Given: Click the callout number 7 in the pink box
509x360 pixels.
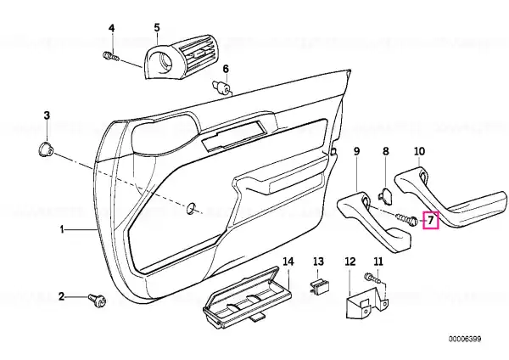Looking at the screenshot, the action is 430,220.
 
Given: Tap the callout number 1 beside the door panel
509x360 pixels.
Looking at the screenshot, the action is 62,230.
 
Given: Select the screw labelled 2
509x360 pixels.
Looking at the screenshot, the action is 98,300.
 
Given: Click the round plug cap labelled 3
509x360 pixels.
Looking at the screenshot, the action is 45,149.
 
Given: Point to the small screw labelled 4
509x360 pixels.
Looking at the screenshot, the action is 111,57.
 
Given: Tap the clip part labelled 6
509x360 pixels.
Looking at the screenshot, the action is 221,87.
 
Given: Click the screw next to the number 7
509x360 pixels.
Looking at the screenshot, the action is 406,220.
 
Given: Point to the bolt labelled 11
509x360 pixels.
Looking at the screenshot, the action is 372,278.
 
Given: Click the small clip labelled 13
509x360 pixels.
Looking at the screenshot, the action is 320,285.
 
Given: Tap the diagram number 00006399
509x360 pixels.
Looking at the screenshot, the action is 465,340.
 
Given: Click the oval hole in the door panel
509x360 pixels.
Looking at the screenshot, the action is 191,209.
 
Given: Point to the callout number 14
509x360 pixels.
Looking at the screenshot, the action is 288,262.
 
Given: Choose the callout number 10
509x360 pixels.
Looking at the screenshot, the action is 419,151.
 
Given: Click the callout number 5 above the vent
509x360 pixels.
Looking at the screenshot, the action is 157,28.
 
